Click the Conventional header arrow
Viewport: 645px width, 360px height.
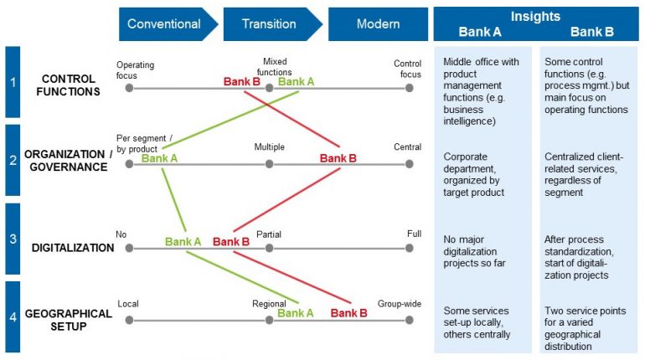[164, 24]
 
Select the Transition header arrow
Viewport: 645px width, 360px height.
[269, 24]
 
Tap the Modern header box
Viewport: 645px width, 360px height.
[378, 24]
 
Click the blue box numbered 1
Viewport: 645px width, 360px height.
[12, 82]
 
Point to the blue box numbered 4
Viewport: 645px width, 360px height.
[12, 316]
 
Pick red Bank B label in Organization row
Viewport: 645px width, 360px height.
[338, 158]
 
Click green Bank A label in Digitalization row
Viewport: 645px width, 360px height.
[183, 242]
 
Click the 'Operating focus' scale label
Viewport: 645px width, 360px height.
[135, 69]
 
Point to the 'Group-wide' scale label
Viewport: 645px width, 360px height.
[399, 304]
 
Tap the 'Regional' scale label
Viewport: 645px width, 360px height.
[269, 304]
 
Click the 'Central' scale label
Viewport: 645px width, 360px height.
[407, 147]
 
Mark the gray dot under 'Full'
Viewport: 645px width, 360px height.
[409, 249]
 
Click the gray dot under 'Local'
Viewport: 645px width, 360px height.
[129, 320]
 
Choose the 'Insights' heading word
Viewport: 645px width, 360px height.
[536, 17]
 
